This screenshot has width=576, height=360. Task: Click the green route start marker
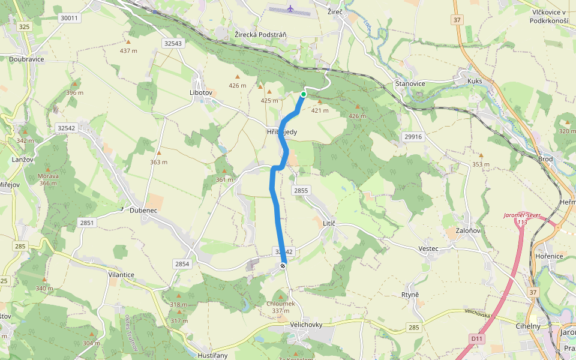(x=304, y=94)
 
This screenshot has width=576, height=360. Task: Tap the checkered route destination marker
(x=283, y=265)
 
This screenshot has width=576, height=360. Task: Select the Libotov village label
(x=201, y=93)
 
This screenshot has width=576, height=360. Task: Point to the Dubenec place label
(x=143, y=211)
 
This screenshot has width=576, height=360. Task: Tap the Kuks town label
(x=475, y=80)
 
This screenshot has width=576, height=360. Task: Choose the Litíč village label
(x=329, y=223)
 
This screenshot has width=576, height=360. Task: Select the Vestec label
(x=428, y=248)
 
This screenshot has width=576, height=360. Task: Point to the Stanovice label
(x=410, y=83)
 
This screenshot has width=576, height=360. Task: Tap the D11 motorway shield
(x=476, y=339)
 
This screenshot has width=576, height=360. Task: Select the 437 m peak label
(x=128, y=50)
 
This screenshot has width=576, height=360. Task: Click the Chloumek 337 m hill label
(x=281, y=307)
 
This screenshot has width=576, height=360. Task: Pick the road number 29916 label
(x=413, y=137)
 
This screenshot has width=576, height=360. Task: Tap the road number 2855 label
(x=301, y=190)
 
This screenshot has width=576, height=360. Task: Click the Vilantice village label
(x=121, y=274)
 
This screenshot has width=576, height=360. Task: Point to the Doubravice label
(x=26, y=59)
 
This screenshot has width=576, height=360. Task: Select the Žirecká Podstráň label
(x=260, y=35)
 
